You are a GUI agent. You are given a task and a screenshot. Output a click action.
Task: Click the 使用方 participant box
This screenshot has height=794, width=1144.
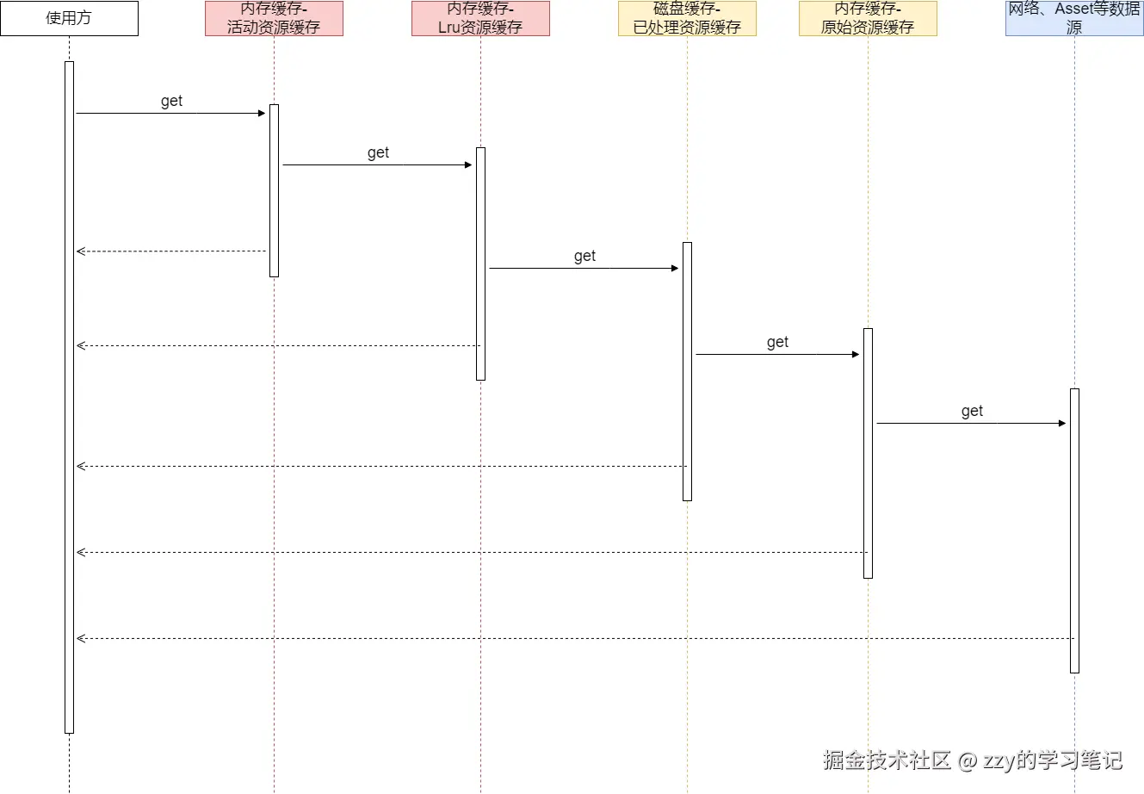click(x=69, y=18)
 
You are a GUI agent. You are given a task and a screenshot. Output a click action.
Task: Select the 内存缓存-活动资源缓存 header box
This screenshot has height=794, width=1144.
click(x=274, y=18)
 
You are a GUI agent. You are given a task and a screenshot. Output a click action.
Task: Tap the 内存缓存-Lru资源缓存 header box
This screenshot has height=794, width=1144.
click(x=480, y=18)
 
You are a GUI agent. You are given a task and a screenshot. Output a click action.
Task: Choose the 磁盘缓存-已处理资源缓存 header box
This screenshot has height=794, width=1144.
click(x=687, y=18)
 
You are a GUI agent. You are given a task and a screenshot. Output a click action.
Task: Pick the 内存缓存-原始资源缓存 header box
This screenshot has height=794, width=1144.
click(x=868, y=18)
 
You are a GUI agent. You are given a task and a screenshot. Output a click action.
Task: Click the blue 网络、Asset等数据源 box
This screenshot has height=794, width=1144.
click(x=1074, y=18)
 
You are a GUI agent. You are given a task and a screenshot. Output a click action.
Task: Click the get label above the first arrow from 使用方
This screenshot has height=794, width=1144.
click(x=171, y=101)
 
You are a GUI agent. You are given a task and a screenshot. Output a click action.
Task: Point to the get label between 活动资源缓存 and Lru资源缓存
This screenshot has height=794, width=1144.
click(x=378, y=152)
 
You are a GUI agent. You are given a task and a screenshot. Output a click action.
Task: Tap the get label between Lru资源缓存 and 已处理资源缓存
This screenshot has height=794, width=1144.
click(x=584, y=256)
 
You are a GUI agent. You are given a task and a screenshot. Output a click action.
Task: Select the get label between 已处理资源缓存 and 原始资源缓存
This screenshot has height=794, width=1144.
click(x=777, y=342)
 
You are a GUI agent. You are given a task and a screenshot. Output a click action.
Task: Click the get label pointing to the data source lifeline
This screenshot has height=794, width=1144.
click(x=972, y=411)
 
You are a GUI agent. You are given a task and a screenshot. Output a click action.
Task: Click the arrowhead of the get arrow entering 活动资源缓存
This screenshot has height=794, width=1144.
click(x=262, y=113)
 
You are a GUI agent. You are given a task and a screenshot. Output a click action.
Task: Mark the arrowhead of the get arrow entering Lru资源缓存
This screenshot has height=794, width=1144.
click(x=468, y=164)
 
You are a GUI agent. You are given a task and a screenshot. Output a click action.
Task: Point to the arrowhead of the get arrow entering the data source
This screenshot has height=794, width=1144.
click(x=1062, y=423)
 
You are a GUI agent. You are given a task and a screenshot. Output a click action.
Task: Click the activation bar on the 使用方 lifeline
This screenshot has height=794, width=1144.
click(x=69, y=396)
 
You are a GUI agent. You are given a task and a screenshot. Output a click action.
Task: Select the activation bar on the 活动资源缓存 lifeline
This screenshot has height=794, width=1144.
click(x=274, y=190)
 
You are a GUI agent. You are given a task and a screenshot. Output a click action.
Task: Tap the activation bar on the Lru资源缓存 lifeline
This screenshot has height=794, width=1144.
click(x=480, y=264)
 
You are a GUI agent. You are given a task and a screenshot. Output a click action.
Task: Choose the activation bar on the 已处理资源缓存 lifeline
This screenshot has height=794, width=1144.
click(x=687, y=371)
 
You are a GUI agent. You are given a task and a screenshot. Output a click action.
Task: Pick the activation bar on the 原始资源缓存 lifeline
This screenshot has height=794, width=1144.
click(x=868, y=453)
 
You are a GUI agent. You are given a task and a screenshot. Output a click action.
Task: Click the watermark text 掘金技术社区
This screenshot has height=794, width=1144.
click(x=887, y=760)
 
